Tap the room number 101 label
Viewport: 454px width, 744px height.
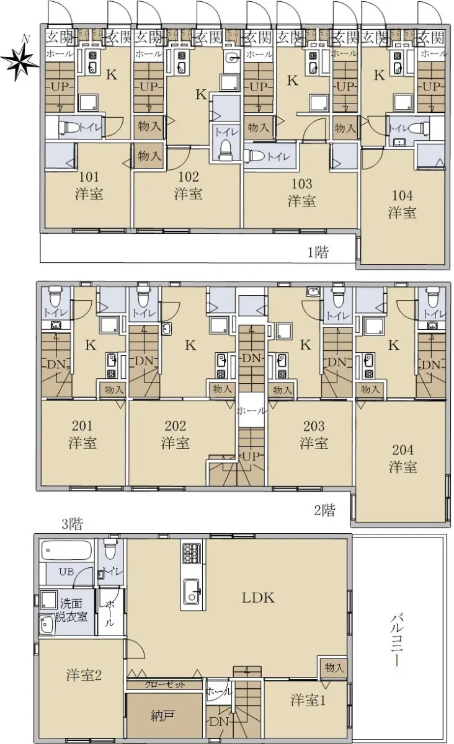pyautogui.click(x=89, y=177)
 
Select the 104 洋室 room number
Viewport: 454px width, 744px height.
pyautogui.click(x=403, y=196)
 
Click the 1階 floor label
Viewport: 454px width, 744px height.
pyautogui.click(x=318, y=253)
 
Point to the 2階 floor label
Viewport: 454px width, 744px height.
pyautogui.click(x=325, y=510)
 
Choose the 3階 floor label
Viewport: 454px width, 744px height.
pyautogui.click(x=72, y=524)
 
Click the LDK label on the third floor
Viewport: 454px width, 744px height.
pyautogui.click(x=258, y=598)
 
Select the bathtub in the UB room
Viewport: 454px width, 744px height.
pyautogui.click(x=66, y=551)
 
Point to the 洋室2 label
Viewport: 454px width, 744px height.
pyautogui.click(x=84, y=675)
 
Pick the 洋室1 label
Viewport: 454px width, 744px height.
pyautogui.click(x=308, y=700)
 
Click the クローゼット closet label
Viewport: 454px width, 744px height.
pyautogui.click(x=164, y=684)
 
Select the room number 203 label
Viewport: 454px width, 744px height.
pyautogui.click(x=314, y=426)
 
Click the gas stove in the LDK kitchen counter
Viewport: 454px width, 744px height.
pyautogui.click(x=192, y=553)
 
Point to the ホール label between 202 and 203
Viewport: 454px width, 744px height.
pyautogui.click(x=251, y=411)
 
